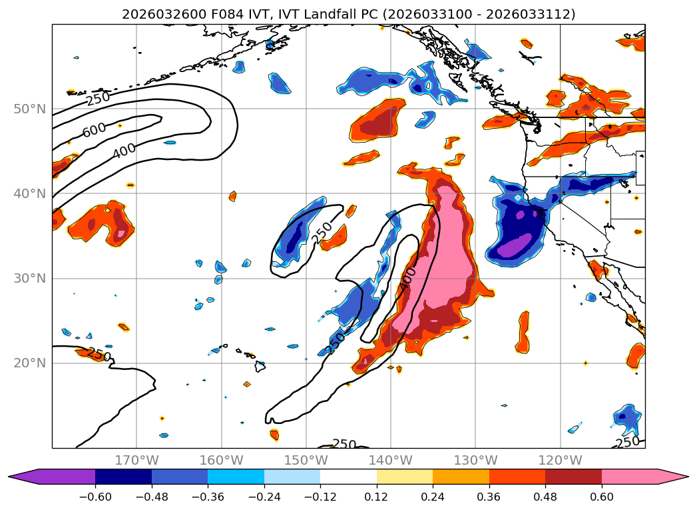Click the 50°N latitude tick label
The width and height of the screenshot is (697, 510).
(30, 109)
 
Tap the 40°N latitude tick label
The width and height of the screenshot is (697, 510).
(30, 193)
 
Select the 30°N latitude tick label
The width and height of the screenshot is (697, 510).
(30, 278)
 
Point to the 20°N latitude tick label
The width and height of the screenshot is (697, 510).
(30, 363)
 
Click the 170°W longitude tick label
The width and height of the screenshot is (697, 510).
(136, 460)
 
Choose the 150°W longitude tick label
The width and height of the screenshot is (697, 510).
(306, 460)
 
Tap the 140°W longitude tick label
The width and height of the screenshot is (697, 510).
(391, 460)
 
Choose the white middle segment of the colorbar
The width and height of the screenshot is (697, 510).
(348, 476)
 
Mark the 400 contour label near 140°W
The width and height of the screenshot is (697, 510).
(407, 278)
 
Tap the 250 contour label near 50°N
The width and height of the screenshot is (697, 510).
(98, 99)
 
